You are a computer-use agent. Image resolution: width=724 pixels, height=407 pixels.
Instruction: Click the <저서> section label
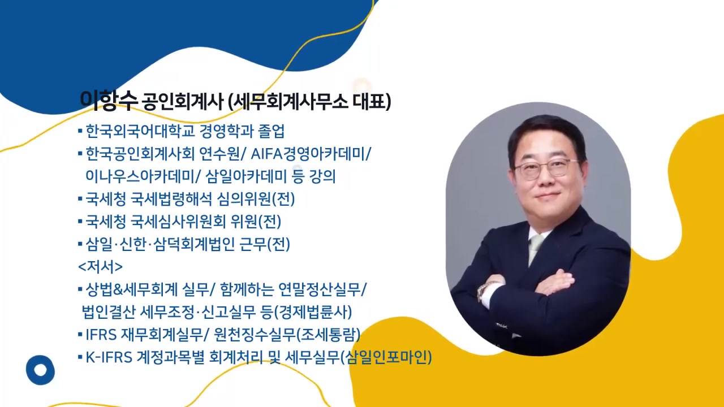pyautogui.click(x=100, y=266)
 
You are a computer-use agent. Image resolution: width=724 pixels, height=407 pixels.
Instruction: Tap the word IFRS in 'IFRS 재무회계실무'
pyautogui.click(x=101, y=335)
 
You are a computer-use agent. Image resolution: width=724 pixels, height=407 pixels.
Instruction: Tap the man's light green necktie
pyautogui.click(x=535, y=249)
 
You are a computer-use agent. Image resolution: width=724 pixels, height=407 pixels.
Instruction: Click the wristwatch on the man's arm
pyautogui.click(x=482, y=292)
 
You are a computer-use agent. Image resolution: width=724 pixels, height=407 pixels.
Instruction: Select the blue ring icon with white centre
pyautogui.click(x=40, y=370)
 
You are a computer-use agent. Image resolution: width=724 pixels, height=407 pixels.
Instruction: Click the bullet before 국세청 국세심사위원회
pyautogui.click(x=80, y=222)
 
